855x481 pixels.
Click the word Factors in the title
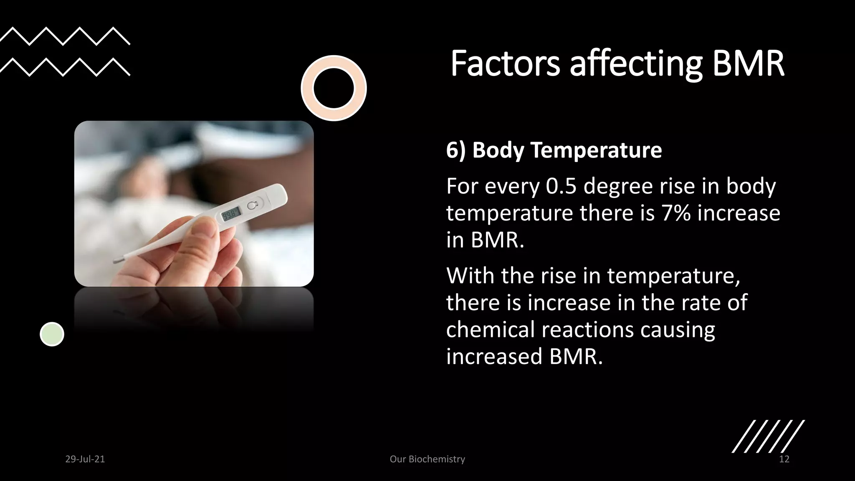pyautogui.click(x=505, y=63)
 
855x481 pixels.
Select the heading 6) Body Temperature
pyautogui.click(x=554, y=150)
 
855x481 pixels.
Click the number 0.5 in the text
pyautogui.click(x=561, y=186)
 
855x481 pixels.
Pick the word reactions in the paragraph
pyautogui.click(x=587, y=329)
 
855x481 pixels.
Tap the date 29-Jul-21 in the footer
pyautogui.click(x=85, y=459)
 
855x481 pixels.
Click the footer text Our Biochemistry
pyautogui.click(x=427, y=459)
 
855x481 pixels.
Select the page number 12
pyautogui.click(x=784, y=459)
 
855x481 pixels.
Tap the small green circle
pyautogui.click(x=52, y=334)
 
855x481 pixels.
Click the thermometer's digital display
pyautogui.click(x=231, y=215)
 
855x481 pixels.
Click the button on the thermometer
pyautogui.click(x=252, y=205)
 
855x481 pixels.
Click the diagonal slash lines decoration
pyautogui.click(x=768, y=436)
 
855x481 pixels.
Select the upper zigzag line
pyautogui.click(x=65, y=36)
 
